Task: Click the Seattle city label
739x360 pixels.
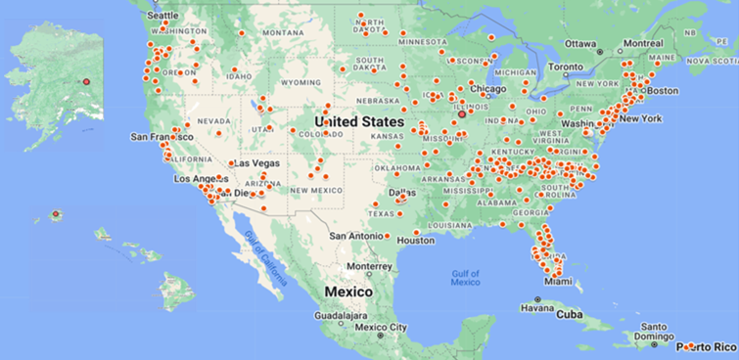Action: [x=162, y=15]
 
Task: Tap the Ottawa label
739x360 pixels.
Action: [x=580, y=43]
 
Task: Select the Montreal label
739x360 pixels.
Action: [x=643, y=43]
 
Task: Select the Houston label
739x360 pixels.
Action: [x=416, y=240]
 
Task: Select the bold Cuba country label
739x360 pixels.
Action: [x=570, y=315]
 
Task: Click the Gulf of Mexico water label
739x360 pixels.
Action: [x=465, y=277]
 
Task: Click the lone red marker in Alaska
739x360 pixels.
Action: [x=85, y=80]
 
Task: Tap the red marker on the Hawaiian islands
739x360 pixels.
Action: [x=56, y=213]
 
